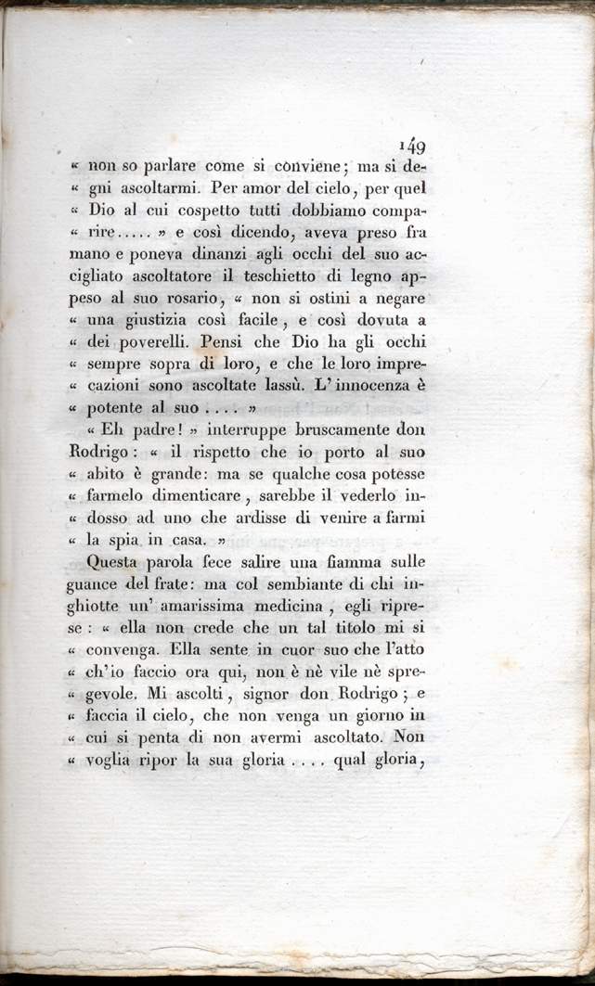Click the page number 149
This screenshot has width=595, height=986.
tap(411, 146)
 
